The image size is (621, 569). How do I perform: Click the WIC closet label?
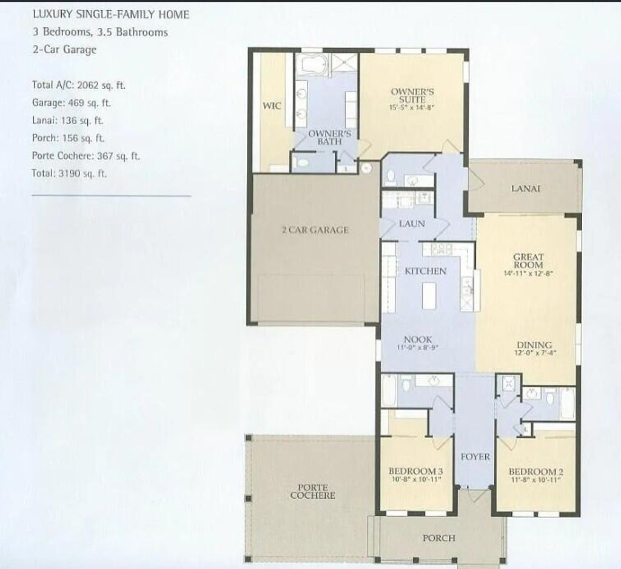tap(271, 106)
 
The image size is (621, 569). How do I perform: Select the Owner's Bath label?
tap(325, 137)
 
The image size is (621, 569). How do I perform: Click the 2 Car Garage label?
tap(315, 230)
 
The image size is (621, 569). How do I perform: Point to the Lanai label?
tap(525, 188)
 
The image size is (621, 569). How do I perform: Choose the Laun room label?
tap(412, 224)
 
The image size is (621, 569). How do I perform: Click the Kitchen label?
tap(425, 271)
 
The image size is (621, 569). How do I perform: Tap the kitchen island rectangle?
tap(429, 296)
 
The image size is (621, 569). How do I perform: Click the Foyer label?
tap(475, 456)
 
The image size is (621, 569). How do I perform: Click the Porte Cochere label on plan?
tap(312, 491)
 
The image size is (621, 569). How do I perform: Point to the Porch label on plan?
tap(438, 538)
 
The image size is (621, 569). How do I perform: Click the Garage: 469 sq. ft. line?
tap(72, 103)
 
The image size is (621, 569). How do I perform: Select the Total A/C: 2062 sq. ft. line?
tap(79, 85)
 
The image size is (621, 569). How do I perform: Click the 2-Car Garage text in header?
tap(64, 50)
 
